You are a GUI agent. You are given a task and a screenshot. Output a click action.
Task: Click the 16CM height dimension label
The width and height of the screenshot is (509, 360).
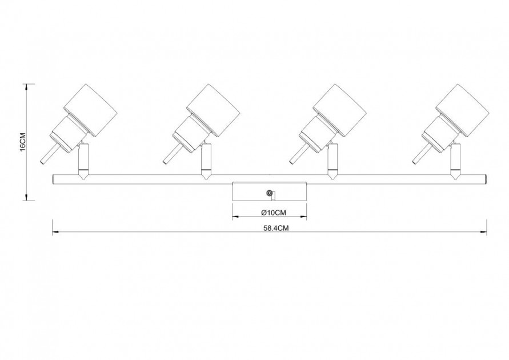(x=22, y=142)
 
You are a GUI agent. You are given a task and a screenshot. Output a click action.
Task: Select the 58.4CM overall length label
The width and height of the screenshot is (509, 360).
(x=276, y=228)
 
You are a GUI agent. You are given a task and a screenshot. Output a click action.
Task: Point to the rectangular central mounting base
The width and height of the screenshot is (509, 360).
(x=270, y=192)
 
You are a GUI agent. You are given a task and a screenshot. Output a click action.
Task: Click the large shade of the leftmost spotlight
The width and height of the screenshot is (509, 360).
(x=90, y=111)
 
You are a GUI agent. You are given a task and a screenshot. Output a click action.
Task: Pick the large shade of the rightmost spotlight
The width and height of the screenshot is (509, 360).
(x=462, y=111)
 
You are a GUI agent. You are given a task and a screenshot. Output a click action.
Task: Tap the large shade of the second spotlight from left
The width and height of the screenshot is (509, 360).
(x=213, y=111)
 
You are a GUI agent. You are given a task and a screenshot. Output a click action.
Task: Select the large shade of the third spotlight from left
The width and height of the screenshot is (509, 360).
(x=339, y=111)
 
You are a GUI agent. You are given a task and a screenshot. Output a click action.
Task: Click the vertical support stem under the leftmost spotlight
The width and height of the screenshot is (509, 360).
(x=82, y=161)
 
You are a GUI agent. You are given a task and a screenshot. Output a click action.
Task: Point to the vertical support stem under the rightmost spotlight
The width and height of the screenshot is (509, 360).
(x=455, y=161)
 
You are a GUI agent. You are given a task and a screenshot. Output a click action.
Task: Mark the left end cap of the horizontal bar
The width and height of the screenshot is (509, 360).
(x=53, y=179)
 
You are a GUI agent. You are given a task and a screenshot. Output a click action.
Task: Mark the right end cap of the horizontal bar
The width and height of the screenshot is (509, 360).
(x=486, y=179)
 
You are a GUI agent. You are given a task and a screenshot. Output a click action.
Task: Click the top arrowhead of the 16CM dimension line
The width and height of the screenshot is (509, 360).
(x=26, y=87)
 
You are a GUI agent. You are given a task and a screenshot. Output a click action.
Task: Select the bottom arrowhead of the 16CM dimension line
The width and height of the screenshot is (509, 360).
(x=26, y=197)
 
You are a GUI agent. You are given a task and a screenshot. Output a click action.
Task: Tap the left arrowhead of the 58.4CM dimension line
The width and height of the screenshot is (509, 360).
(x=55, y=232)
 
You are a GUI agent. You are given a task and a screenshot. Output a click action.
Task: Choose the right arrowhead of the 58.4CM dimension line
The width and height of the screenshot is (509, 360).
(x=484, y=232)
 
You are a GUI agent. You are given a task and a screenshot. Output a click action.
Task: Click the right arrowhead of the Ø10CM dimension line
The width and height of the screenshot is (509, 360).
(x=303, y=217)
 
